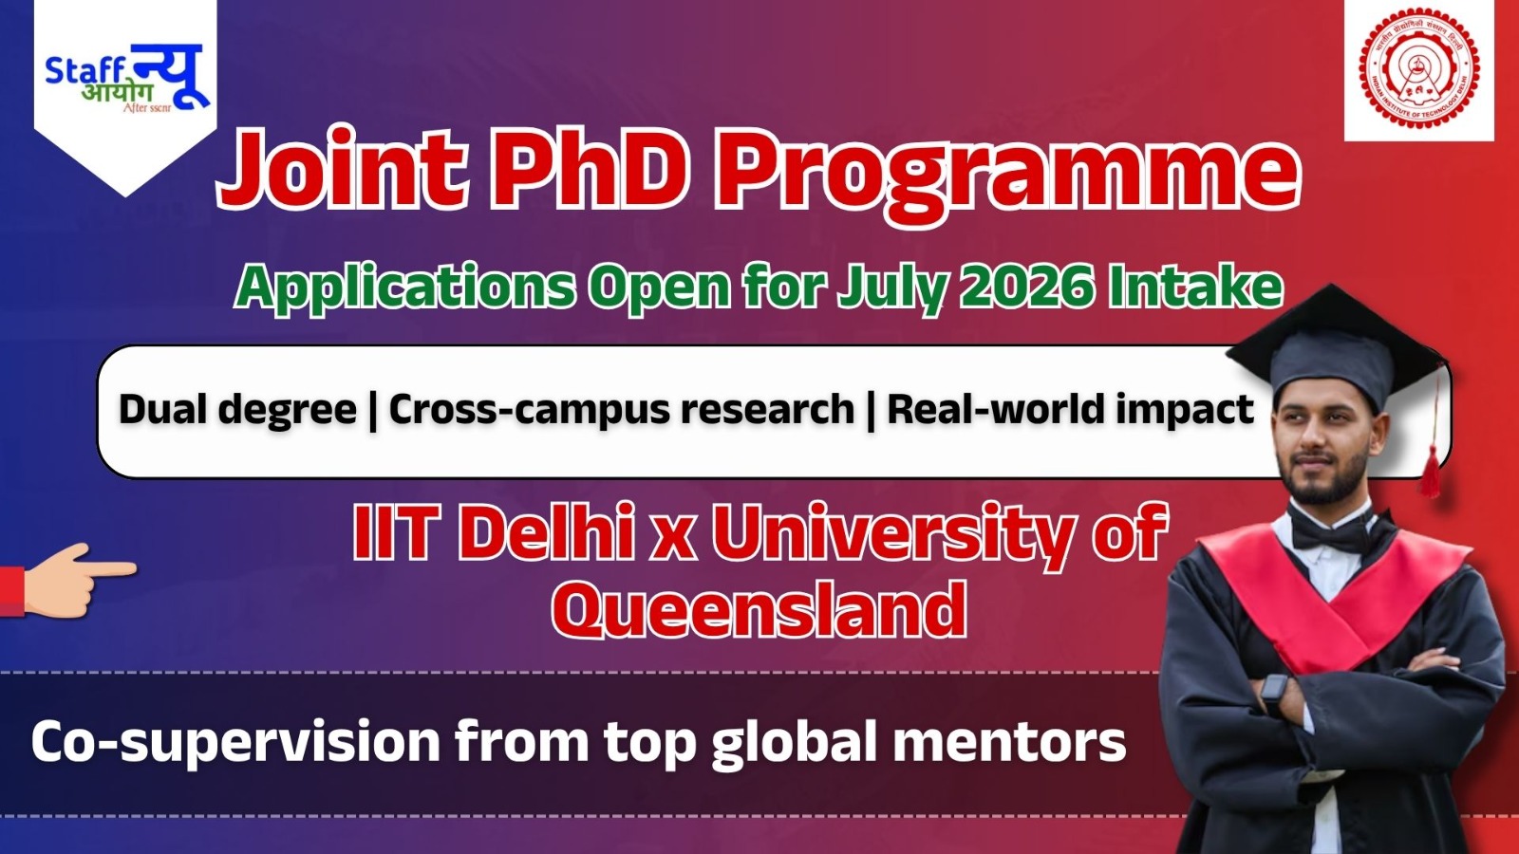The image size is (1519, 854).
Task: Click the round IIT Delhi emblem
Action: pos(1419,70)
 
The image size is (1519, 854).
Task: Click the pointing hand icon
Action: pos(71,580)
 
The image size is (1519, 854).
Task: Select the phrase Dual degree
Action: pos(237,410)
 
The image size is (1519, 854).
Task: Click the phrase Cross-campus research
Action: pos(621,410)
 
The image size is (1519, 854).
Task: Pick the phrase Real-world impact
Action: pos(1070,410)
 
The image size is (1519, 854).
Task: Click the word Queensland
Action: pos(759,610)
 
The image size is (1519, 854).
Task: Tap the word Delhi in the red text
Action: pos(547,533)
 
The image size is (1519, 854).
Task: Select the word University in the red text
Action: pos(892,533)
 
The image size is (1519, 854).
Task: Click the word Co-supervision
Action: pos(234,742)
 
